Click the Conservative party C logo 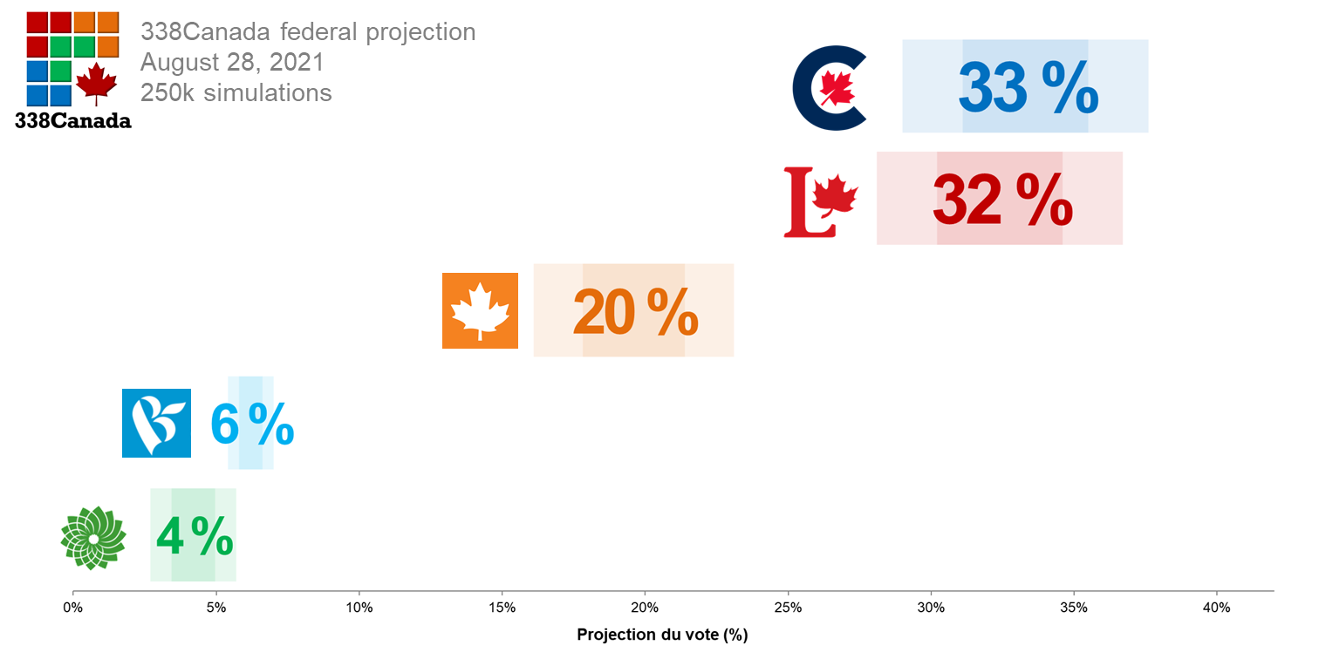(829, 87)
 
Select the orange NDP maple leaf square (480, 311)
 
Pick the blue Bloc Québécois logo (156, 423)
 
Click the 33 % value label (1028, 87)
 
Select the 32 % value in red (1002, 200)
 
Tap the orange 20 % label (635, 311)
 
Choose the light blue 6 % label (251, 425)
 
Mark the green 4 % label (195, 536)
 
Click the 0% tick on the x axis (72, 608)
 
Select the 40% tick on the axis (1216, 608)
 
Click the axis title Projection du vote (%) (662, 635)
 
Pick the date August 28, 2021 (232, 63)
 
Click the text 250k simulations (236, 92)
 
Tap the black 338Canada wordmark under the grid (73, 121)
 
